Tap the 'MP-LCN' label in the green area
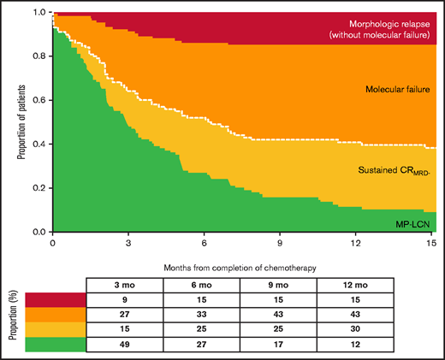[412, 220]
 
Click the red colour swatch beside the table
[56, 299]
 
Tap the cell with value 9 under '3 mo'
[123, 299]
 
